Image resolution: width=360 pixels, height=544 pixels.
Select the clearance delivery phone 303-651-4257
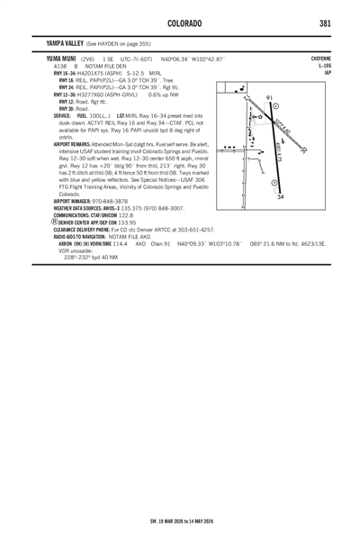coord(184,230)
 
